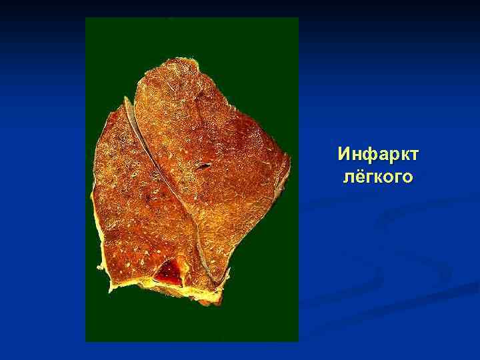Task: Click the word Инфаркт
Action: (378, 155)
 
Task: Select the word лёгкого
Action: (378, 177)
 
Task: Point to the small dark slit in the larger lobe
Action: (204, 163)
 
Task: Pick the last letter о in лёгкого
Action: (408, 177)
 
